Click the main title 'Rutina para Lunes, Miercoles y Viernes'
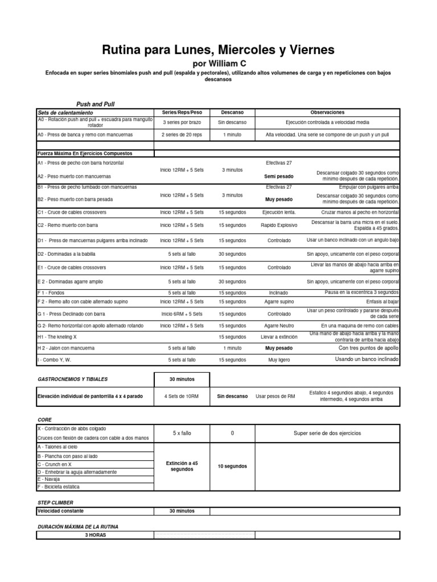click(x=218, y=50)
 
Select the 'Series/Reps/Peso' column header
click(x=182, y=113)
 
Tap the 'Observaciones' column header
click(x=327, y=113)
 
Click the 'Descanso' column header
click(x=233, y=113)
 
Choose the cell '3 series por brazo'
click(x=182, y=122)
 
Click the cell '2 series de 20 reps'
click(x=182, y=135)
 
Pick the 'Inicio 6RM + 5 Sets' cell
click(x=182, y=314)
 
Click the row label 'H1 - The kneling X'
click(x=62, y=336)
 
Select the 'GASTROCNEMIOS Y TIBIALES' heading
click(x=72, y=379)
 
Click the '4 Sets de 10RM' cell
click(x=182, y=396)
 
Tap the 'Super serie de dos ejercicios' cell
click(x=327, y=433)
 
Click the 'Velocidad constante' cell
click(x=60, y=511)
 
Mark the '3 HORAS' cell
click(x=95, y=535)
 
